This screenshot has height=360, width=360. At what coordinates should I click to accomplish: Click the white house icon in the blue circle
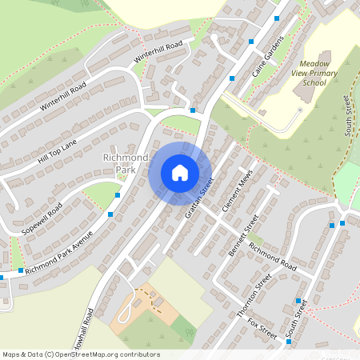click(180, 173)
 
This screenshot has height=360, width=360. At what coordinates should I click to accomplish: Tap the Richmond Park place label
click(126, 164)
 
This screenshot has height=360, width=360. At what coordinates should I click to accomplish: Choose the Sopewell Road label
click(44, 214)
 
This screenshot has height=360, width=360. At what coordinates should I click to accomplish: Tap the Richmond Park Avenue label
click(58, 254)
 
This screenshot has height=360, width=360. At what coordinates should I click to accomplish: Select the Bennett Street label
click(244, 231)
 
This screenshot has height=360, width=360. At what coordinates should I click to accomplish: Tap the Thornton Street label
click(255, 297)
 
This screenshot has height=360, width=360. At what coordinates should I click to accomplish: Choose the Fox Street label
click(262, 328)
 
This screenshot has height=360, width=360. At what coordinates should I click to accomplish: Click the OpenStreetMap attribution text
click(81, 354)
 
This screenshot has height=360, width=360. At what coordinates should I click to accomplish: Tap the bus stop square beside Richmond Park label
click(118, 194)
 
